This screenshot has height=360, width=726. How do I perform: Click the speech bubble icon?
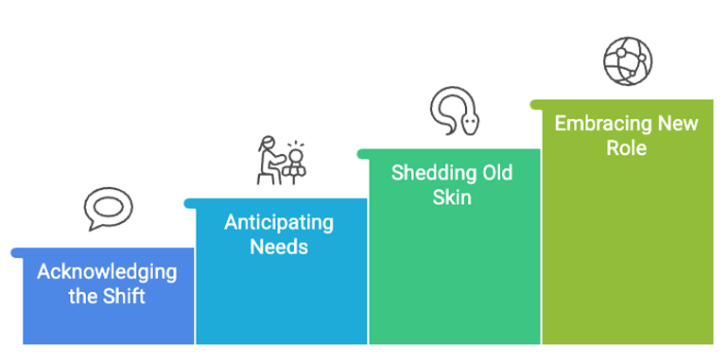[106, 209]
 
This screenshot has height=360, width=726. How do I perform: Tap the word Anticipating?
[279, 224]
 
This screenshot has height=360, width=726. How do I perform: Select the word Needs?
[279, 248]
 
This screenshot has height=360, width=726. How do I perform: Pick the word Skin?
[452, 197]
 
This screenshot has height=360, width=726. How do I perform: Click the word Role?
[627, 147]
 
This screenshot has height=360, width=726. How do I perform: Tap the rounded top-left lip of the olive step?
[535, 104]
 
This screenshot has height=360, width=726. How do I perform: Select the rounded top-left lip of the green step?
[362, 153]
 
